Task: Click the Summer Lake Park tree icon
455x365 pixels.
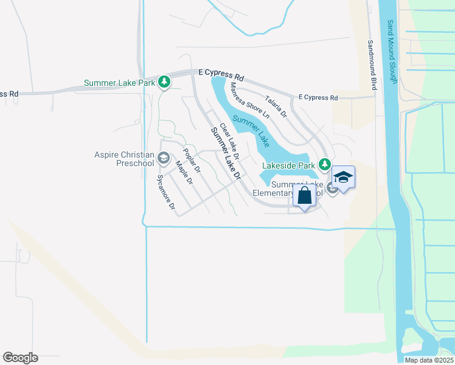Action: (164, 82)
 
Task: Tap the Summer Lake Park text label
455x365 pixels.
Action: (119, 83)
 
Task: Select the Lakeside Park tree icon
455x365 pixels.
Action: (325, 164)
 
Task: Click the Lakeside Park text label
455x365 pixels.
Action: (288, 165)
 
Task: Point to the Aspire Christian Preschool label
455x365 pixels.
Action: (124, 159)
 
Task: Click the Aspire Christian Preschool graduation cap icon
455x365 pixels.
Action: (163, 159)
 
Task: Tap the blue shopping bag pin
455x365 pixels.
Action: (304, 196)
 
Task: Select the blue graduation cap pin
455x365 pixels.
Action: (343, 178)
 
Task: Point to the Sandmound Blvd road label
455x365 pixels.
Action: (372, 66)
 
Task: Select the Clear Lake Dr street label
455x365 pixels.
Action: (229, 142)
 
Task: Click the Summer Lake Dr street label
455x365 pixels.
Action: (226, 153)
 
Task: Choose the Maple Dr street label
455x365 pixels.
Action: (184, 173)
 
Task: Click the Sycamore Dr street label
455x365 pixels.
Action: (165, 193)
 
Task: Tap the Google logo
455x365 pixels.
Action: (20, 358)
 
